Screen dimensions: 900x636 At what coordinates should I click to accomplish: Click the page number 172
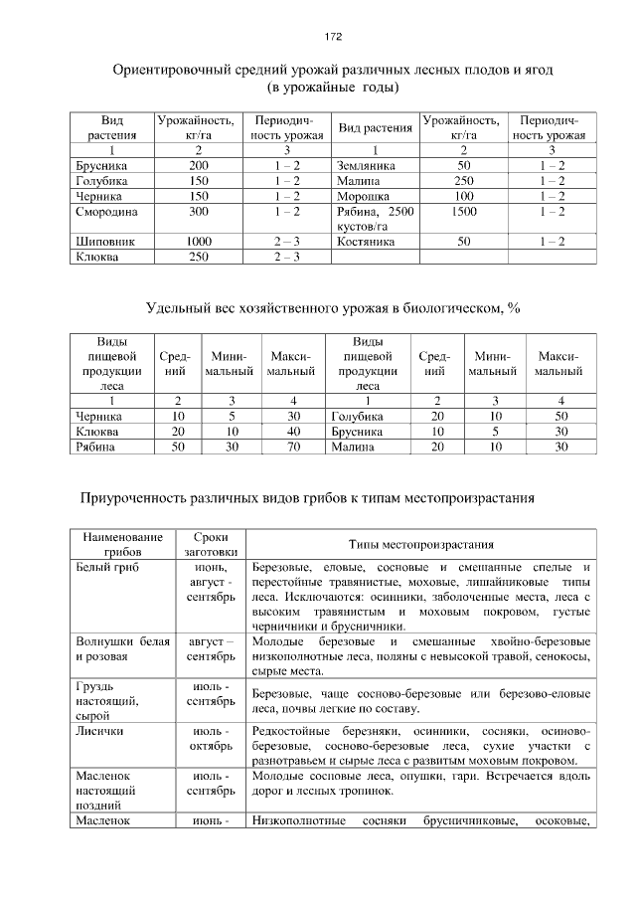333,37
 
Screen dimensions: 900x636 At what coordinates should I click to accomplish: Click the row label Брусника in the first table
101,165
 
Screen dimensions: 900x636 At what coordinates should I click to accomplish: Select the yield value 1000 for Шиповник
199,242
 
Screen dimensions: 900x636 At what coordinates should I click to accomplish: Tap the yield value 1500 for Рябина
464,212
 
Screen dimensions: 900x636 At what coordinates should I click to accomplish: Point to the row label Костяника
367,242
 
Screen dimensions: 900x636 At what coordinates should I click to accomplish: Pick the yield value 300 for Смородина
199,212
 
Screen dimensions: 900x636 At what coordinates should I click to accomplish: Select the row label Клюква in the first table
96,257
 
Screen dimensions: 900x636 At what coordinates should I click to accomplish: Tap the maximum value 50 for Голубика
560,416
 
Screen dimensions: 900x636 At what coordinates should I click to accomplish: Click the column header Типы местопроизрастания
421,544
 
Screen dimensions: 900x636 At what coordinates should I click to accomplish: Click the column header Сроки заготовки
211,544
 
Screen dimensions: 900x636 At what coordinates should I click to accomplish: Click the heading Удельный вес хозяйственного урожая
332,308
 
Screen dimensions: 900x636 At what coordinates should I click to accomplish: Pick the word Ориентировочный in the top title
173,72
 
